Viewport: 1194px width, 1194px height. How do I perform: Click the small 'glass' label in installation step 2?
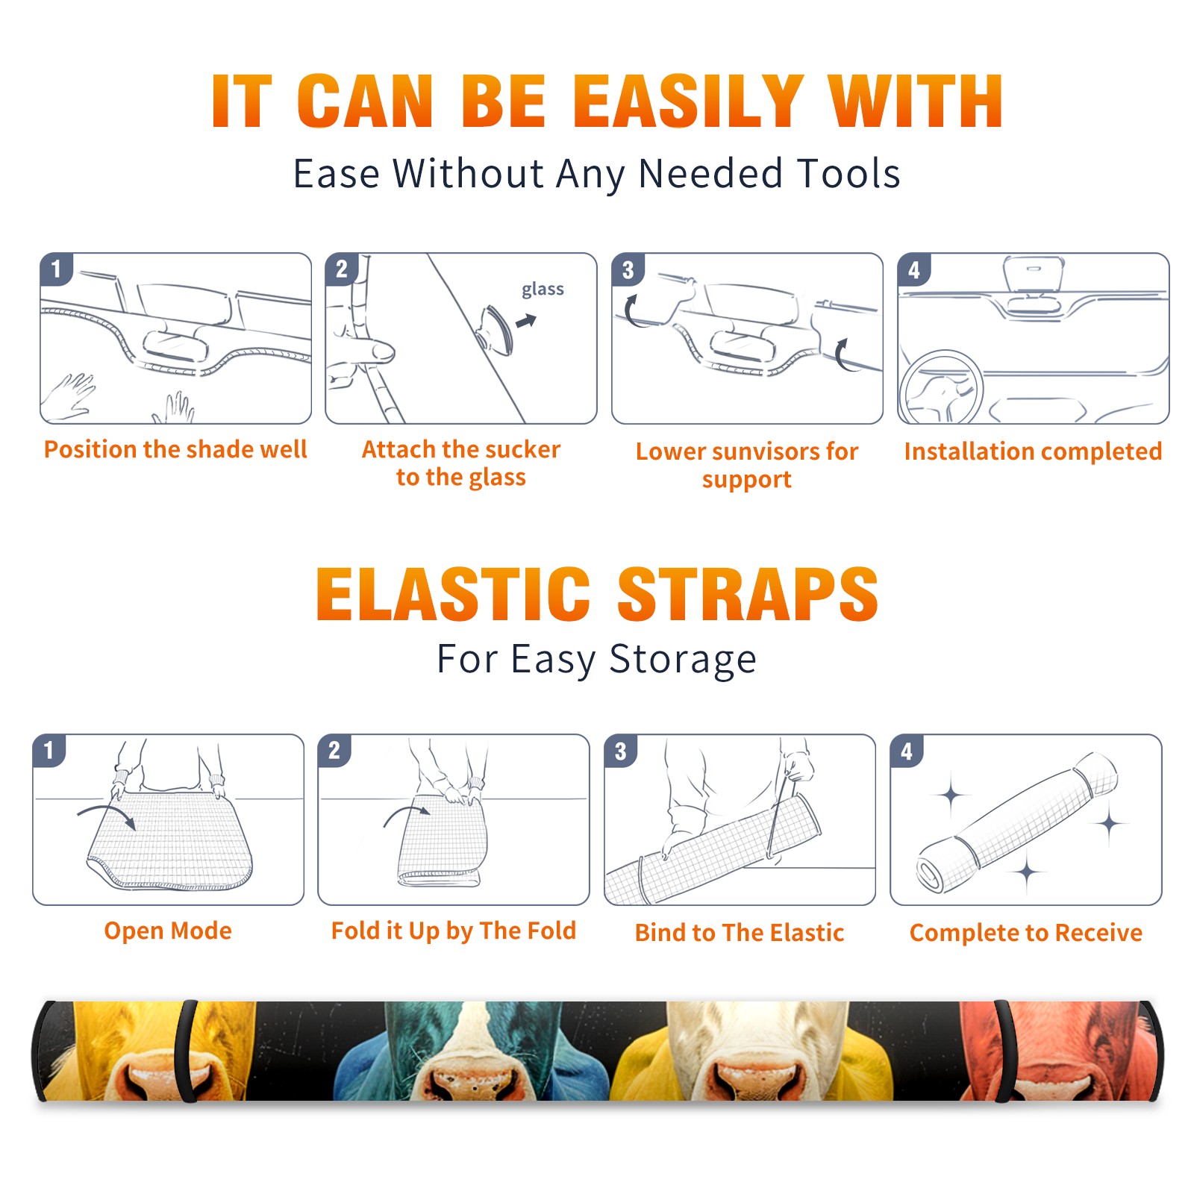543,289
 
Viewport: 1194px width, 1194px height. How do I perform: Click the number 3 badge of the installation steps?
628,269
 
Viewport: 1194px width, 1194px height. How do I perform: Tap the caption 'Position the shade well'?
175,449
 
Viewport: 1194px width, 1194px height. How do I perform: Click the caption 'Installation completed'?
1033,451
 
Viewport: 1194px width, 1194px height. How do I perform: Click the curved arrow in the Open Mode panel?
107,815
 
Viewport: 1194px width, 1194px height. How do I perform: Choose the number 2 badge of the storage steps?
334,751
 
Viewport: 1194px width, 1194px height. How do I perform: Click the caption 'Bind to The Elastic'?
740,933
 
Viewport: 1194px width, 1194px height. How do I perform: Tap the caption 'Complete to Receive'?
1026,933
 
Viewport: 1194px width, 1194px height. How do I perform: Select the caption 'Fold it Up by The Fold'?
454,931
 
